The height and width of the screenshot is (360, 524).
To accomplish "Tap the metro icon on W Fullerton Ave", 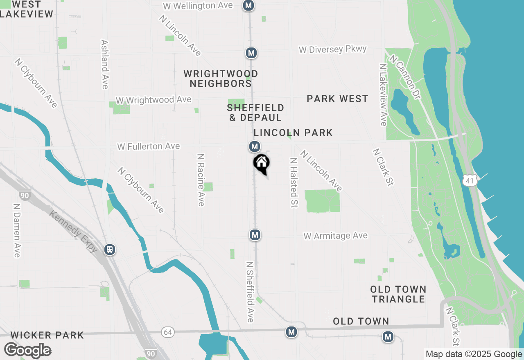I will [255, 146].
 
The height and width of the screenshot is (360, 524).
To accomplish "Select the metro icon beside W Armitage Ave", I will [255, 235].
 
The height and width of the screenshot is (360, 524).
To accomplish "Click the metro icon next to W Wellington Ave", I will [248, 6].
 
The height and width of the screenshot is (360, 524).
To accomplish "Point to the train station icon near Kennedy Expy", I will [109, 249].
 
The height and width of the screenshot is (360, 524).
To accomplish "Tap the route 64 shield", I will [168, 332].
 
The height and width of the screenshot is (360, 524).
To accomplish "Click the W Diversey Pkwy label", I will [332, 49].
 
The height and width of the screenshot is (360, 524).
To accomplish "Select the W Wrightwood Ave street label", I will [154, 100].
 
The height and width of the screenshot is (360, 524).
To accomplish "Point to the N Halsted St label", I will [293, 182].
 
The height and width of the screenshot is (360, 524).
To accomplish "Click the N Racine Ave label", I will [201, 180].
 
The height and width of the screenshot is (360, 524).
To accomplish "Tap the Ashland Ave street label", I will [104, 64].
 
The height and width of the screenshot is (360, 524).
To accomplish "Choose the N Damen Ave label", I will [17, 231].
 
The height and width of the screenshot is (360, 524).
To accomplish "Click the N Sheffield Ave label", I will [250, 292].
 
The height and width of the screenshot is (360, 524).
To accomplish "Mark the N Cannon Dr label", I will [405, 73].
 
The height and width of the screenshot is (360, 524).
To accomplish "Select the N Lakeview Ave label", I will [383, 94].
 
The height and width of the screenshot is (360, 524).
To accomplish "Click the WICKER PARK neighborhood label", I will [47, 335].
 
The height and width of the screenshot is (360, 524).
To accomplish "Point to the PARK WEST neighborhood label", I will [337, 99].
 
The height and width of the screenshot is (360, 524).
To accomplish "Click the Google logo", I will [27, 350].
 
